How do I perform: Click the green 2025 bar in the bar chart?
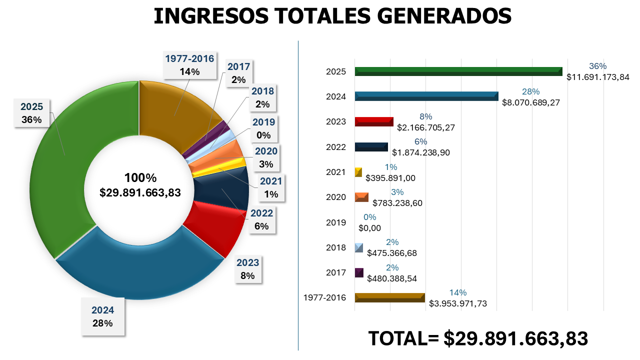tap(458, 71)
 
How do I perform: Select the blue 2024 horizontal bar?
tap(426, 96)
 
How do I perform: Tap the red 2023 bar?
tap(373, 121)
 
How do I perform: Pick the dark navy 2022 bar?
tap(371, 146)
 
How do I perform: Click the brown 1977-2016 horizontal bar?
tap(389, 297)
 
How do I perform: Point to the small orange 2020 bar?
tap(361, 197)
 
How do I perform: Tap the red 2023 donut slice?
tap(215, 230)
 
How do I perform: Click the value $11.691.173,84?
tap(597, 77)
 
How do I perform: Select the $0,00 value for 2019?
tap(370, 228)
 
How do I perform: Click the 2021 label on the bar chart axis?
tap(335, 172)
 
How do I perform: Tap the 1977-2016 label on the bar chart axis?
tap(324, 297)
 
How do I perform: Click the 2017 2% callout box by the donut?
tap(238, 73)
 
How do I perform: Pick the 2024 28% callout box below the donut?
tap(102, 316)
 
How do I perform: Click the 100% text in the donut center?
tap(140, 178)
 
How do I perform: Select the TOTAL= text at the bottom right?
tap(403, 338)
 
